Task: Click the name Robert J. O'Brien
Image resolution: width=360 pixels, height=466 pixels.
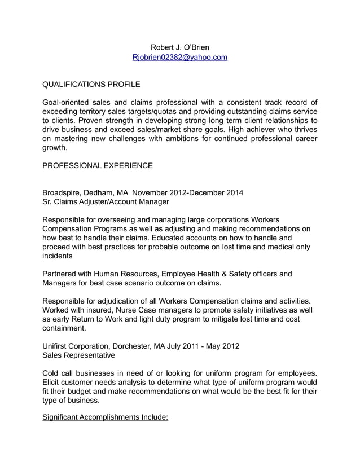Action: coord(179,46)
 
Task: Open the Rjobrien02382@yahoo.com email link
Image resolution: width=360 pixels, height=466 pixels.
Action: coord(179,57)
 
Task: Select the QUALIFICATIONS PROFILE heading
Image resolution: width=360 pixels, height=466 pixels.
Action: coord(91,85)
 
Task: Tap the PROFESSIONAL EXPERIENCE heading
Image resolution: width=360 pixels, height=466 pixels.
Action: coord(98,166)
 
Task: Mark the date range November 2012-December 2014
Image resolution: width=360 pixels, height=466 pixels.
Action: coord(187,192)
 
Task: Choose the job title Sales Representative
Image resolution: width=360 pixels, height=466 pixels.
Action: coord(79,355)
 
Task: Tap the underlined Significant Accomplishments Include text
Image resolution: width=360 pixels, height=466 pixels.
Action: coord(106,417)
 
